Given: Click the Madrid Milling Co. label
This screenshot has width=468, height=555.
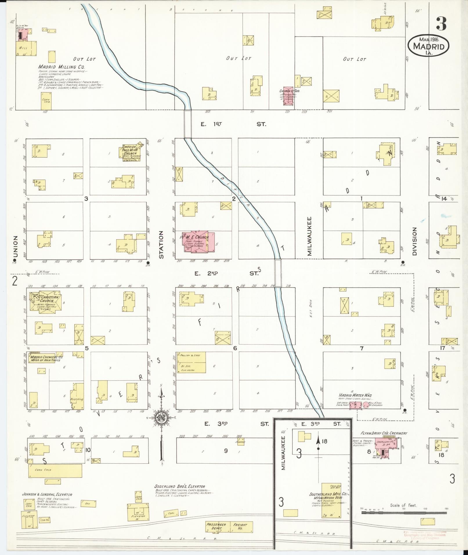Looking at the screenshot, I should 61,67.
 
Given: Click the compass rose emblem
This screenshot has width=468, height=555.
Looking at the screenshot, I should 160,418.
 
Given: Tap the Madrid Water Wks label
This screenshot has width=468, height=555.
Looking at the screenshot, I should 355,395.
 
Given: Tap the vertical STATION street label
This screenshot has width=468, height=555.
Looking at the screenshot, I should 161,245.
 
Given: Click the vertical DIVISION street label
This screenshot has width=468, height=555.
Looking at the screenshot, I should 414,242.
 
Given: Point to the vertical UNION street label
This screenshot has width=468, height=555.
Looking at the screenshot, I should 15,246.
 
